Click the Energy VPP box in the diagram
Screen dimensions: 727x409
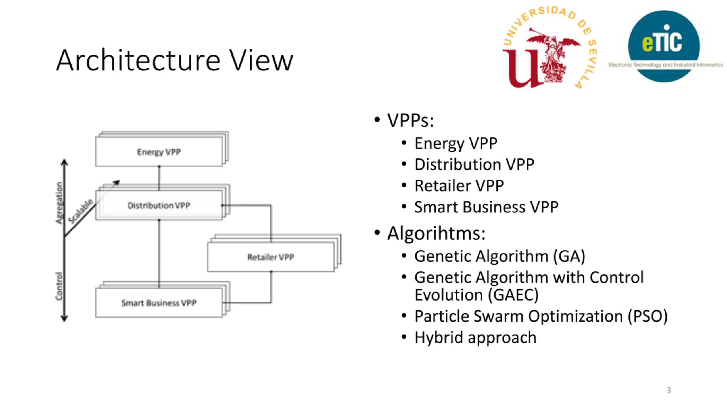(x=159, y=152)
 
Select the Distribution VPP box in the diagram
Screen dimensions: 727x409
(x=159, y=205)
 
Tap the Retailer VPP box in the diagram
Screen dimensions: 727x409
(x=271, y=257)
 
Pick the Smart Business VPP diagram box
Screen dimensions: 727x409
(x=159, y=303)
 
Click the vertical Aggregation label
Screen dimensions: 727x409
(x=59, y=203)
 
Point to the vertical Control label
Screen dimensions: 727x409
(x=59, y=286)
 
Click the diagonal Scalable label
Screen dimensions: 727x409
(x=81, y=211)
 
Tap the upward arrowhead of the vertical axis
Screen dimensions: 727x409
(x=64, y=162)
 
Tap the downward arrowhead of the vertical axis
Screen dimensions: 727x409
(x=64, y=318)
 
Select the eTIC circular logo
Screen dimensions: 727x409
(x=664, y=46)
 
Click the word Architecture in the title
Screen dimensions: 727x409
(x=138, y=60)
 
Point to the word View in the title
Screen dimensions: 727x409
(x=261, y=60)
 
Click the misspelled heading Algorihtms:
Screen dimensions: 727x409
(x=436, y=233)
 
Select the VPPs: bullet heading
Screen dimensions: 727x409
(x=411, y=121)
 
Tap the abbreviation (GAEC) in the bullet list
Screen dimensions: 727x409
(x=513, y=295)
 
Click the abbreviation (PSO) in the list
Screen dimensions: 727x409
(x=648, y=316)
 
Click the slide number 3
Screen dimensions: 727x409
(x=669, y=390)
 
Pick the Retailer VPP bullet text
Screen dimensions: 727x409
(x=459, y=186)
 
